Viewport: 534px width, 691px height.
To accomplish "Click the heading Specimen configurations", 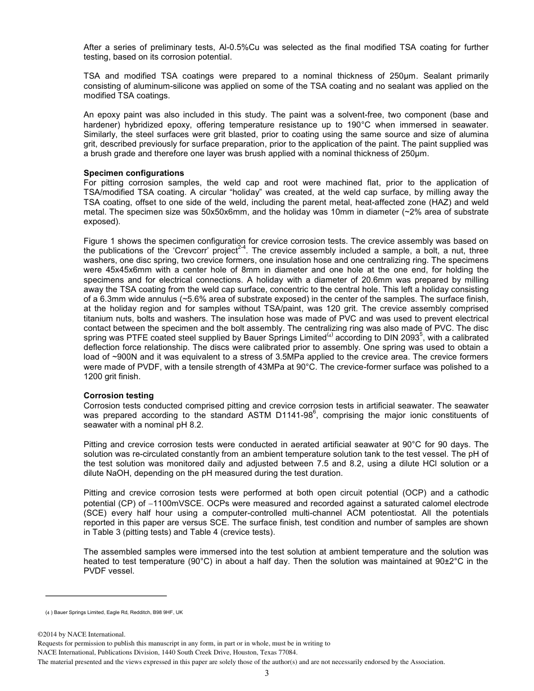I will click(133, 173).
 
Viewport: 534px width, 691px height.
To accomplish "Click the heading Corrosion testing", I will click(118, 396).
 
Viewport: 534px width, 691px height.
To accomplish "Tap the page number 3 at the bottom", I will click(267, 674).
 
